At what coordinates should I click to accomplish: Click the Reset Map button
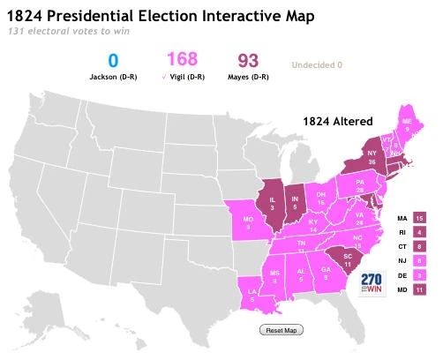click(281, 330)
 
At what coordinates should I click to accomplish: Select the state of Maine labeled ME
click(406, 125)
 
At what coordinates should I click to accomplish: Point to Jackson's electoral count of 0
click(113, 62)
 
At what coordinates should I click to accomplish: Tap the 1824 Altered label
click(336, 120)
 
